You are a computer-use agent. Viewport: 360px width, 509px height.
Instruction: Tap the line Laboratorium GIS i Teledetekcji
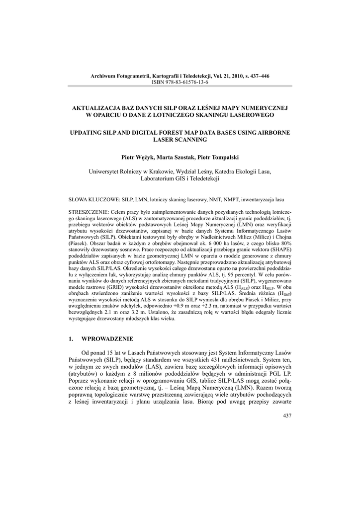tap(180, 178)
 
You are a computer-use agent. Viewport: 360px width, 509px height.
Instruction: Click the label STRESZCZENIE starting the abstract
tap(88, 212)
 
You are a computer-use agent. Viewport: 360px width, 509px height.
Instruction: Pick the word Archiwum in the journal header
tap(102, 76)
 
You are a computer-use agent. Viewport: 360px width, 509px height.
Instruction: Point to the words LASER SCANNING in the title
tap(180, 140)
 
